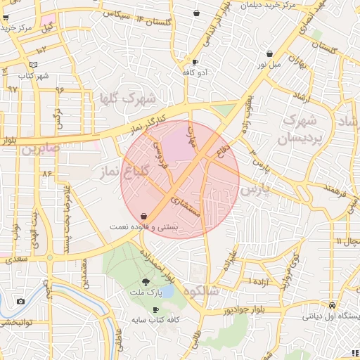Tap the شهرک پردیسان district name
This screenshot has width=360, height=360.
304,131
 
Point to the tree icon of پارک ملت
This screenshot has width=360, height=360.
146,282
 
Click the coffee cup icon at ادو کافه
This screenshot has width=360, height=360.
195,62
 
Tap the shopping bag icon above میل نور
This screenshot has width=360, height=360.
270,53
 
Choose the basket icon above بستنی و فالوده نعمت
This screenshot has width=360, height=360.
144,216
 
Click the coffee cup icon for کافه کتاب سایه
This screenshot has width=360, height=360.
155,309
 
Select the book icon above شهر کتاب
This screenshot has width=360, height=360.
34,65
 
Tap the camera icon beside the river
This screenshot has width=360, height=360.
20,302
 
